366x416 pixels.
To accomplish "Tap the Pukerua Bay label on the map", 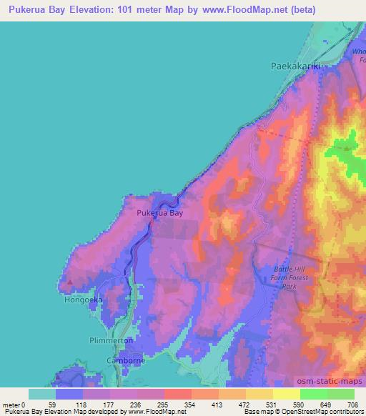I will click(157, 212).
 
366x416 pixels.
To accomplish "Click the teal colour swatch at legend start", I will click(42, 394).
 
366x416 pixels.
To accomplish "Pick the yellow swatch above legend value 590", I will click(286, 394).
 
